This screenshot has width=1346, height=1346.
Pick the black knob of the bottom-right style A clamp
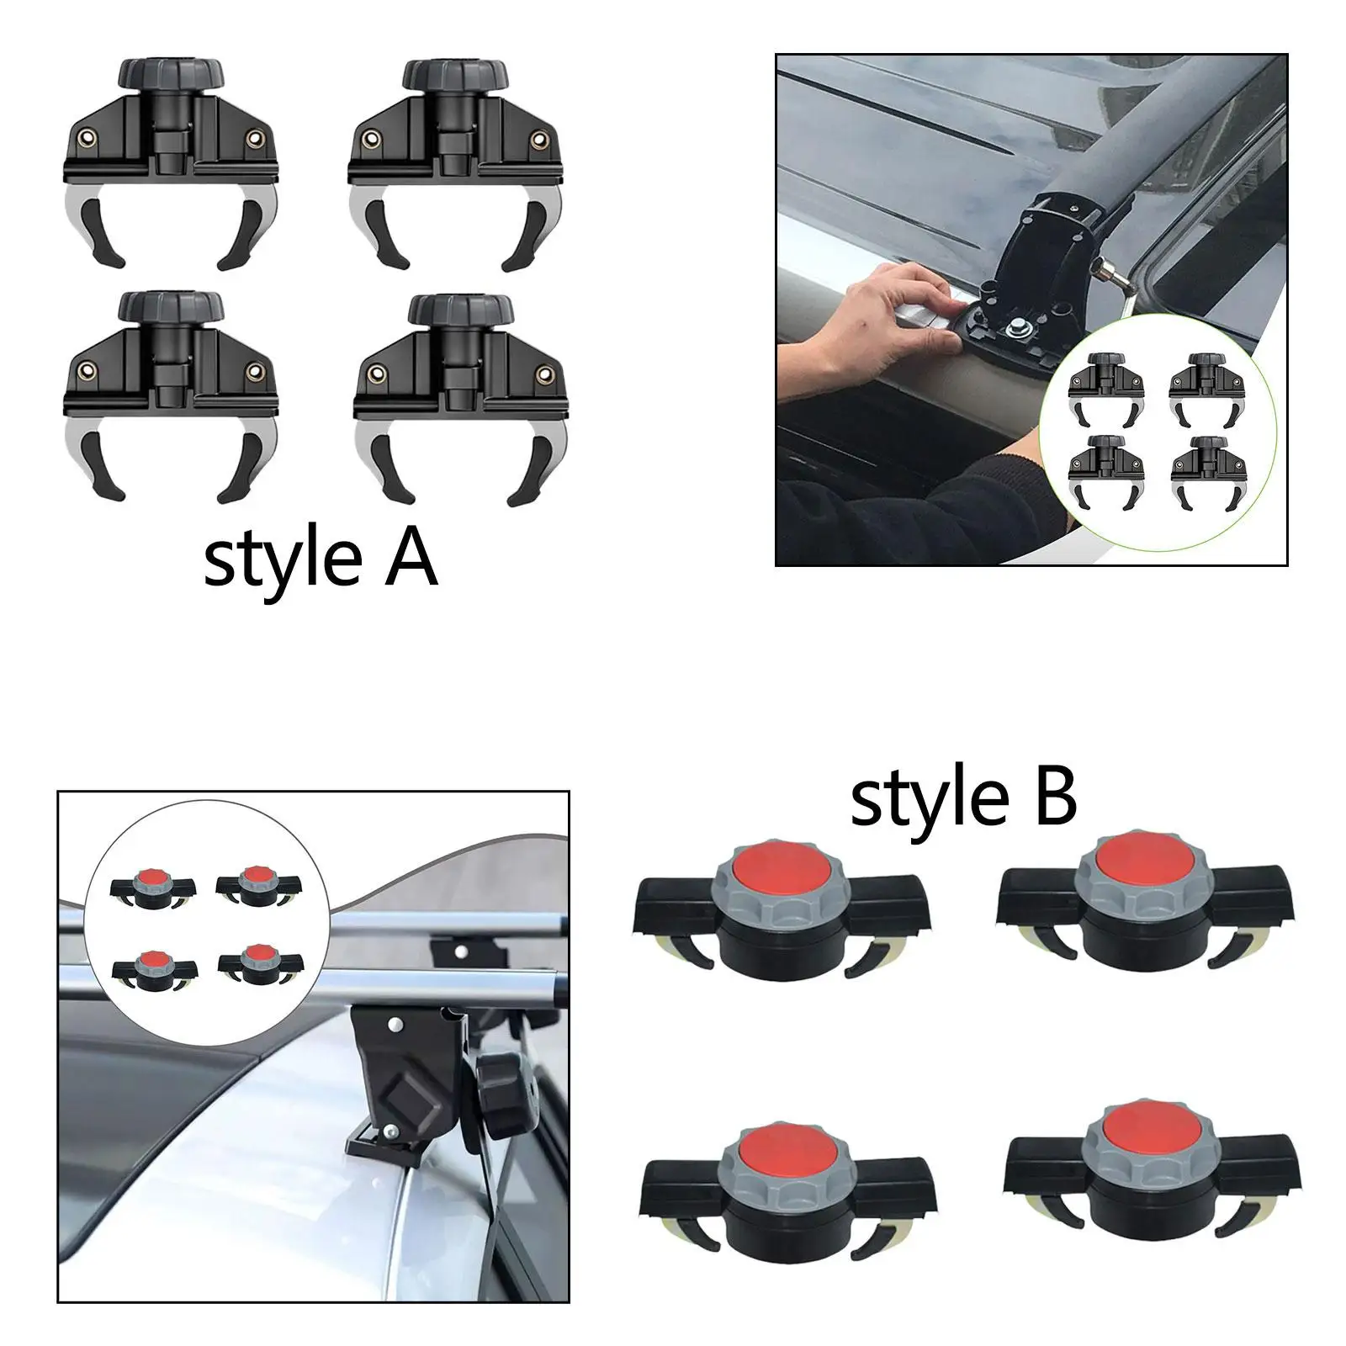(x=460, y=310)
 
